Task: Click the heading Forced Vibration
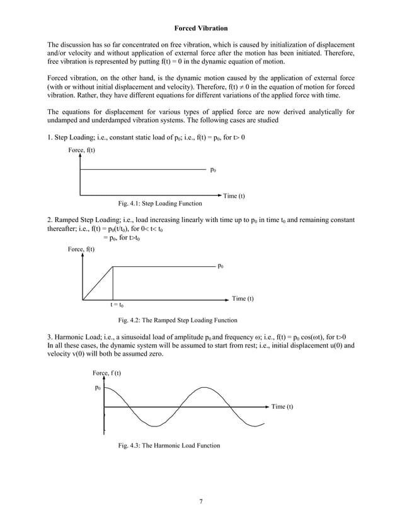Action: pyautogui.click(x=200, y=29)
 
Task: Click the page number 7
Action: pyautogui.click(x=200, y=501)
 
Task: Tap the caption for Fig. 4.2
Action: pyautogui.click(x=178, y=320)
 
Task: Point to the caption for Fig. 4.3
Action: pyautogui.click(x=169, y=446)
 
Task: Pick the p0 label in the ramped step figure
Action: pyautogui.click(x=220, y=266)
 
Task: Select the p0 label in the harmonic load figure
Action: pyautogui.click(x=98, y=388)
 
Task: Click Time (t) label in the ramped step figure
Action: pyautogui.click(x=243, y=298)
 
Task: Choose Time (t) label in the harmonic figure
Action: pyautogui.click(x=282, y=407)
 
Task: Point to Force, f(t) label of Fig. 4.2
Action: pyautogui.click(x=81, y=250)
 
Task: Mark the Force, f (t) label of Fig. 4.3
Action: pyautogui.click(x=106, y=373)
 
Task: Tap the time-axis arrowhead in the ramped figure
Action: pyautogui.click(x=227, y=300)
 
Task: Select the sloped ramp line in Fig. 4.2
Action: pyautogui.click(x=98, y=283)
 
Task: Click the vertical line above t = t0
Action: pyautogui.click(x=113, y=283)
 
